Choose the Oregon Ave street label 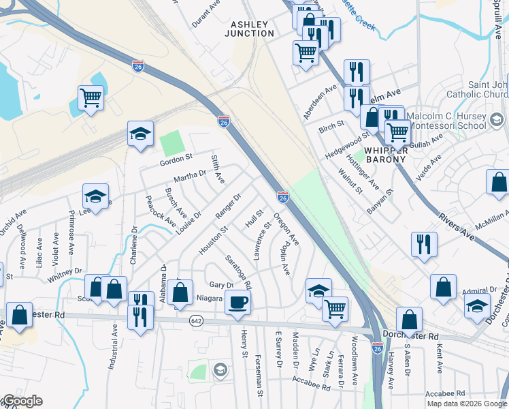coord(286,230)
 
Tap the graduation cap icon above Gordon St coord(140,134)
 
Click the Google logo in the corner coord(22,401)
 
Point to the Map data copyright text coord(467,404)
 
